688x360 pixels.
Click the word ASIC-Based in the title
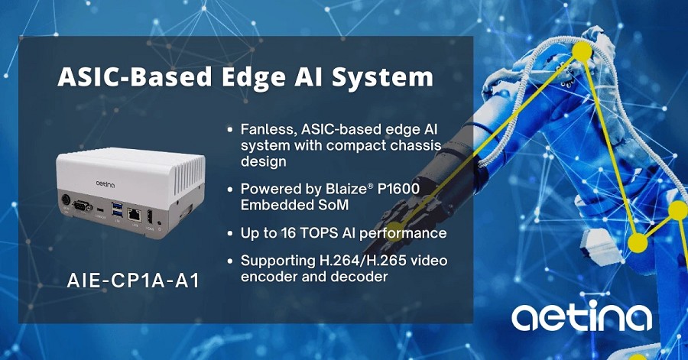click(135, 76)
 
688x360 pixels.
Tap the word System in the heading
click(382, 78)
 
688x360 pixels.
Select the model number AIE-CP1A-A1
click(133, 281)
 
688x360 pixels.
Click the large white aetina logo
click(582, 315)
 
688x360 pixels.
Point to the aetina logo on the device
click(105, 185)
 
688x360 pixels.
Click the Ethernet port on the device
click(134, 215)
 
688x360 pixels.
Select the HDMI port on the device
click(150, 216)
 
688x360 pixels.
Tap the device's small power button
click(159, 223)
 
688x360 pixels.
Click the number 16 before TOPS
click(288, 233)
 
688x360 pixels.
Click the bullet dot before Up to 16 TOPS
click(230, 234)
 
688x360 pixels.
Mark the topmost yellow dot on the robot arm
click(583, 51)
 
